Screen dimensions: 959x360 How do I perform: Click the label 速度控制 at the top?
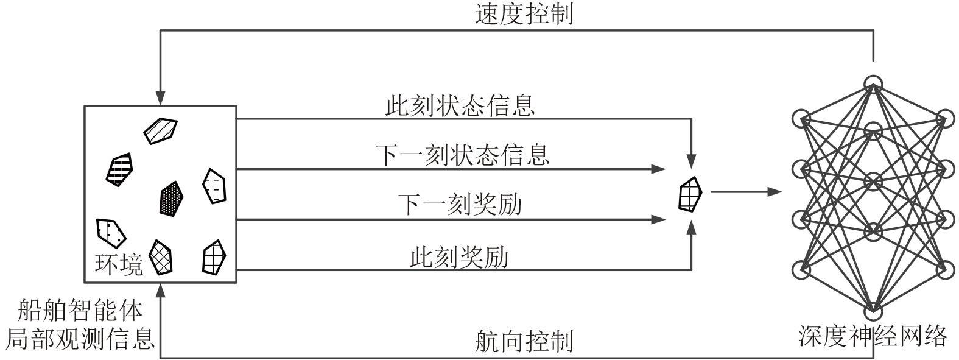[x=523, y=13]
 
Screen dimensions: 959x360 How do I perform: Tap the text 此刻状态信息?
[x=460, y=105]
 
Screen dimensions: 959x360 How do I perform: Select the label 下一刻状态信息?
[x=462, y=155]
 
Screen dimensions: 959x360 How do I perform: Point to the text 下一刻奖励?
[x=460, y=205]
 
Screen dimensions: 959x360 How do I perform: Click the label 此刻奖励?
[x=458, y=258]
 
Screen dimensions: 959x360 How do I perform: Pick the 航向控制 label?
[x=523, y=342]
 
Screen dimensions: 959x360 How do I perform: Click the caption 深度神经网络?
[x=873, y=336]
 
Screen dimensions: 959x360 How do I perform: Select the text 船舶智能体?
[x=80, y=311]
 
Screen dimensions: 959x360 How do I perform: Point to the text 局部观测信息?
[x=80, y=339]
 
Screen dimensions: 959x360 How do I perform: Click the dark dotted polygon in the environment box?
[x=172, y=198]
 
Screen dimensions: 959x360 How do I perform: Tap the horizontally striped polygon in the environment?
[x=120, y=169]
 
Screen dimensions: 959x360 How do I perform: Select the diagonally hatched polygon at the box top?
[x=160, y=130]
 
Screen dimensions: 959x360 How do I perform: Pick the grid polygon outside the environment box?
[x=690, y=194]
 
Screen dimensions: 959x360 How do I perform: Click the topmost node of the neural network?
[x=873, y=83]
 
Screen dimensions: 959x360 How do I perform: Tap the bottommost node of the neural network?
[x=873, y=311]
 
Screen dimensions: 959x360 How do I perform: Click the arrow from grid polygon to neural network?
[x=746, y=192]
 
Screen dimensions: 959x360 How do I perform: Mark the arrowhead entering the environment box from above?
[x=160, y=99]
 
